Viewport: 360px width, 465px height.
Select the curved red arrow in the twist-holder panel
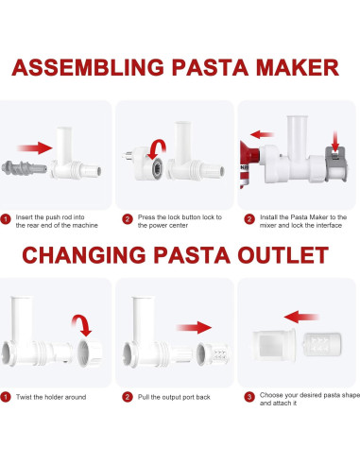pyautogui.click(x=84, y=328)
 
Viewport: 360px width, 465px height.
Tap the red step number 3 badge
pyautogui.click(x=248, y=398)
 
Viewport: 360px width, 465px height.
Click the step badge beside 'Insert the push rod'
pyautogui.click(x=7, y=217)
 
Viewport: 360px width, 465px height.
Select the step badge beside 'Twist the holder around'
pyautogui.click(x=7, y=398)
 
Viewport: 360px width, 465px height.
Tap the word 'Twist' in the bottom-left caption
pyautogui.click(x=25, y=398)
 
